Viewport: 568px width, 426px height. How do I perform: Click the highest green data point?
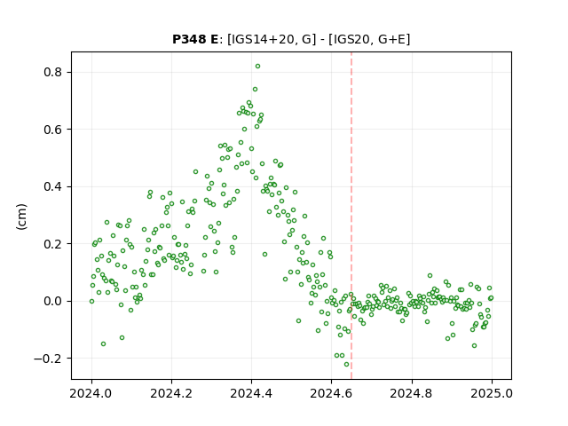click(257, 67)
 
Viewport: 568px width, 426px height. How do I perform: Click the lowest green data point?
click(346, 365)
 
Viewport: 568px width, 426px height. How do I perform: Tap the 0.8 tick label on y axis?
click(53, 73)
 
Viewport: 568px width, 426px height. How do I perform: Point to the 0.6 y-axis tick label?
click(53, 130)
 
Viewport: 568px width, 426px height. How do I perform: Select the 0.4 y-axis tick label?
click(53, 187)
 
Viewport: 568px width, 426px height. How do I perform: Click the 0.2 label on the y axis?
click(53, 244)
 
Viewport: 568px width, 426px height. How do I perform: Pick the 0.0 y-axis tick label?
click(53, 302)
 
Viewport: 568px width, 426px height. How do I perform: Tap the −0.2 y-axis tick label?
click(48, 359)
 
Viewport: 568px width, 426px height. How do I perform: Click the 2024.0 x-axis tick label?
click(91, 393)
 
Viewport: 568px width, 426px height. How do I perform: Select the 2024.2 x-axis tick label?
click(171, 393)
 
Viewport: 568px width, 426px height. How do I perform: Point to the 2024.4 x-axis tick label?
click(251, 393)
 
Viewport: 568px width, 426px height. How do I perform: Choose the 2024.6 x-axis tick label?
click(331, 393)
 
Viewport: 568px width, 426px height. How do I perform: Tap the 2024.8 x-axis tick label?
click(412, 393)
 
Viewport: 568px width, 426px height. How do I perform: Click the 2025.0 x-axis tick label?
click(492, 393)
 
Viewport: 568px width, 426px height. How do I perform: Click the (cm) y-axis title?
click(21, 217)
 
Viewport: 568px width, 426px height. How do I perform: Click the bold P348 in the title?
click(189, 39)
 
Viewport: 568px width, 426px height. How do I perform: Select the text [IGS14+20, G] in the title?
click(269, 39)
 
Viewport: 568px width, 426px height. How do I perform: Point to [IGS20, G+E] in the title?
click(369, 39)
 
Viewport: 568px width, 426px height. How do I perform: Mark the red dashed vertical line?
click(351, 216)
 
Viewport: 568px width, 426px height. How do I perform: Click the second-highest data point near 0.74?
click(255, 89)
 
